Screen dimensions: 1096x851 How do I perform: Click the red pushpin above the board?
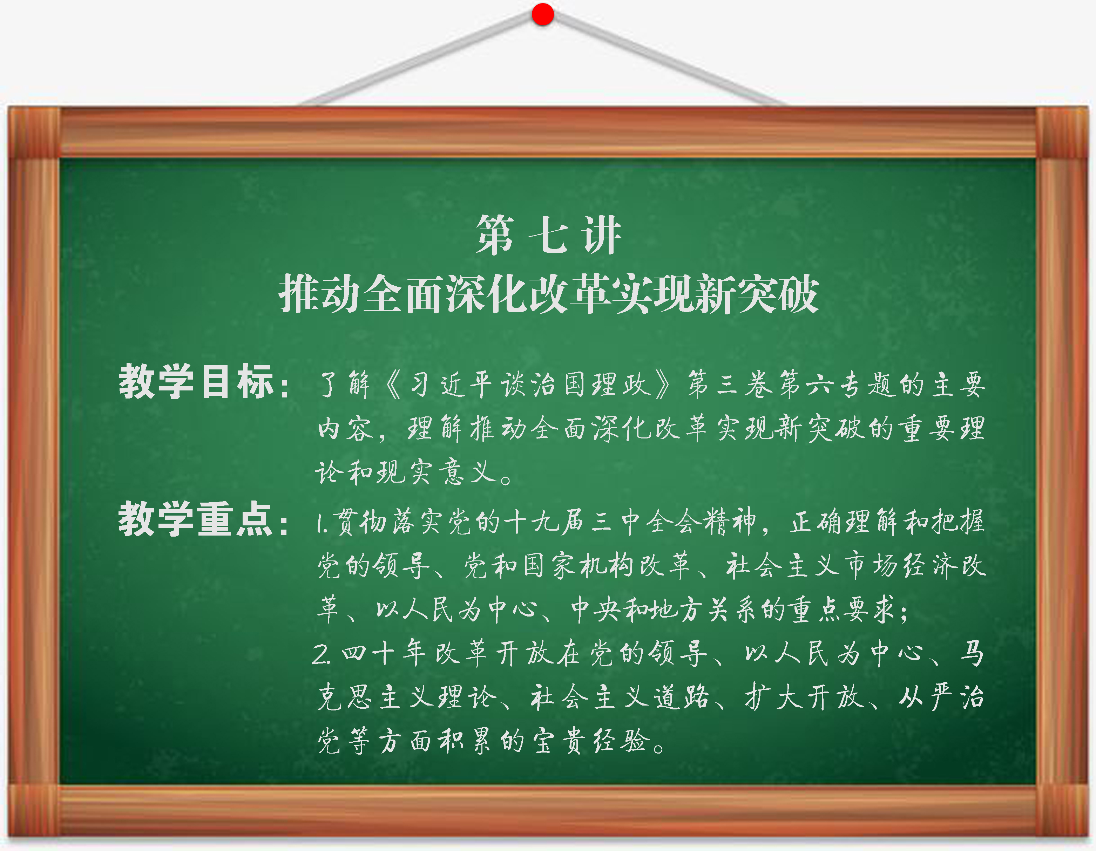(542, 14)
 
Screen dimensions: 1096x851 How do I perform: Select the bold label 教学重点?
(196, 518)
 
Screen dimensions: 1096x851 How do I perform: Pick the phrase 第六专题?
(837, 385)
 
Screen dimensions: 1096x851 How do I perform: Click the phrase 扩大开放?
(803, 697)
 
